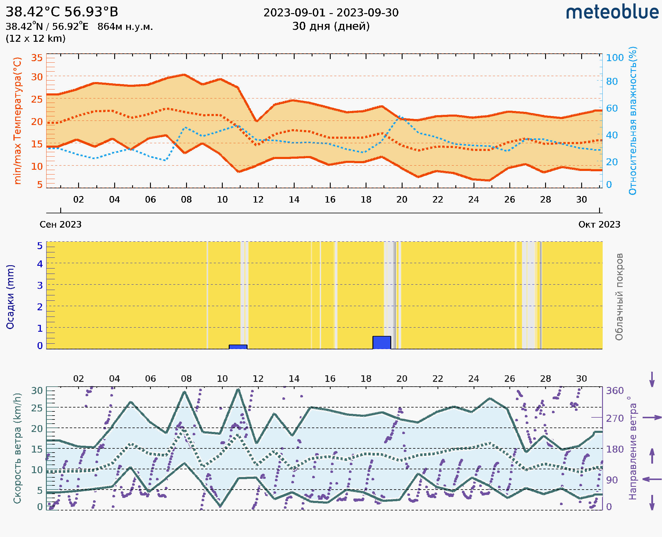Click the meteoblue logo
pyautogui.click(x=612, y=12)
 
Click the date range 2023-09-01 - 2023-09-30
pyautogui.click(x=331, y=13)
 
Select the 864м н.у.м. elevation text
pyautogui.click(x=125, y=27)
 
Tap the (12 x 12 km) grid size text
pyautogui.click(x=35, y=39)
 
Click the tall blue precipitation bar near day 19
pyautogui.click(x=382, y=342)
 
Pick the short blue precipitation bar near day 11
pyautogui.click(x=238, y=347)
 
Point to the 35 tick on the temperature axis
pyautogui.click(x=37, y=58)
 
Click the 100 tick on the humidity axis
pyautogui.click(x=615, y=58)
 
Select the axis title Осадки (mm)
pyautogui.click(x=10, y=297)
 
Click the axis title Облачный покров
pyautogui.click(x=619, y=297)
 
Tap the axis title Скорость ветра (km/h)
pyautogui.click(x=17, y=448)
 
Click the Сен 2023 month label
pyautogui.click(x=61, y=224)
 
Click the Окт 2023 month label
pyautogui.click(x=599, y=224)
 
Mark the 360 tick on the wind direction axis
pyautogui.click(x=615, y=391)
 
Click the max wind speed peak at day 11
pyautogui.click(x=238, y=389)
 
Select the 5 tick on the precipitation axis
pyautogui.click(x=40, y=246)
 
